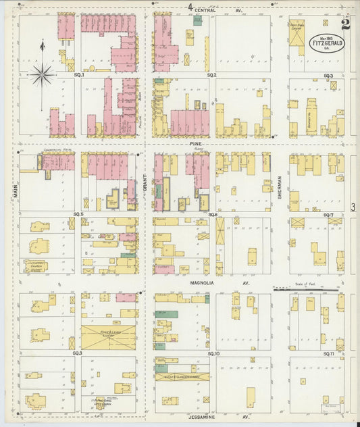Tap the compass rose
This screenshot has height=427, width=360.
(x=42, y=74)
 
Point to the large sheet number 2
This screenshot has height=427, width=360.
(x=346, y=24)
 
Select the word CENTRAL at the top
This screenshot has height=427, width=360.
(x=205, y=11)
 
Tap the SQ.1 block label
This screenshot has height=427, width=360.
(x=79, y=75)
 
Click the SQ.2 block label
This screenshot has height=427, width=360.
(x=211, y=75)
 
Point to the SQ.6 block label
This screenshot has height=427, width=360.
(x=212, y=214)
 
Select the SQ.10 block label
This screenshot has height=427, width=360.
(x=213, y=353)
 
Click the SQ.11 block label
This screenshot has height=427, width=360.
(x=328, y=353)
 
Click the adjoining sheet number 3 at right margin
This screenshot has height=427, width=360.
(x=353, y=207)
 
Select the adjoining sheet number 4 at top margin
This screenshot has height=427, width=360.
(x=191, y=7)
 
